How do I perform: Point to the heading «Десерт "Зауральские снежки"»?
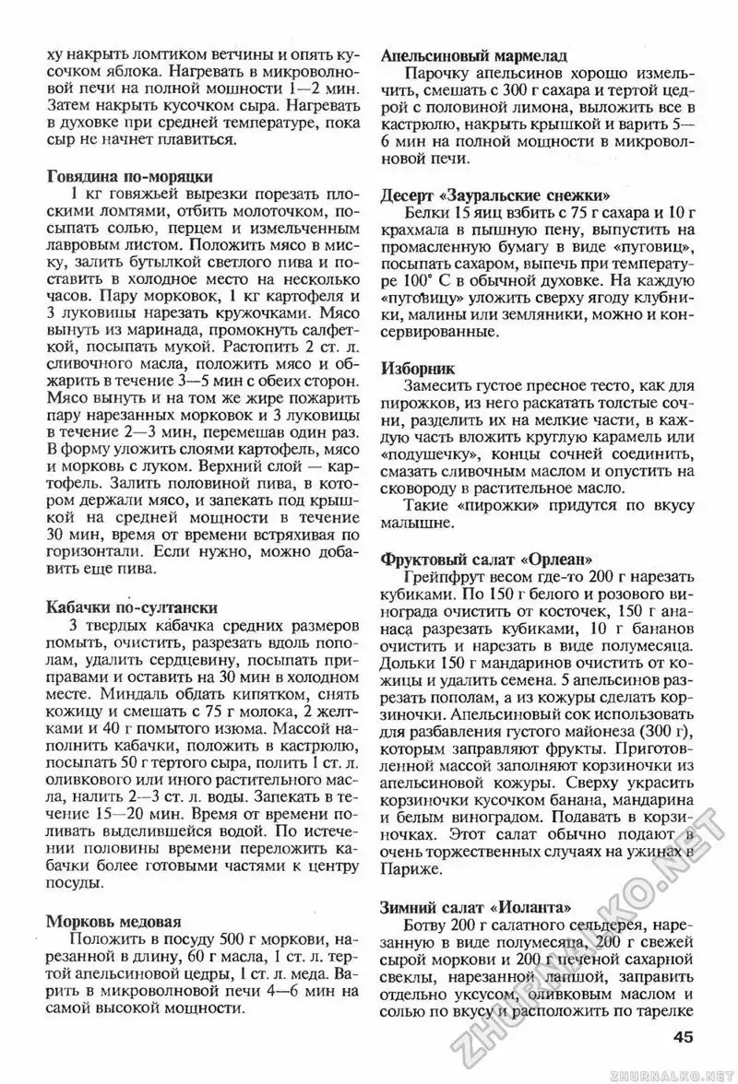pos(494,195)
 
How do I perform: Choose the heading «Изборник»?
pos(416,366)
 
